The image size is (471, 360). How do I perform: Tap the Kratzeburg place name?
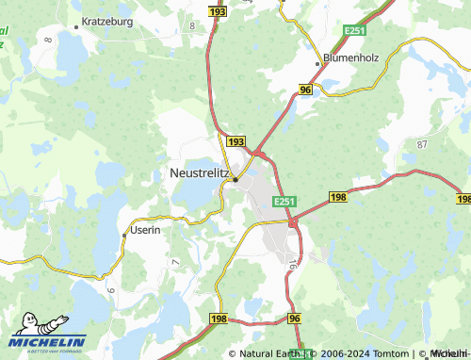coord(108,20)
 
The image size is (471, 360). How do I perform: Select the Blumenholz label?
coord(349,57)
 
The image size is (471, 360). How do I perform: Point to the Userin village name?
coord(146,230)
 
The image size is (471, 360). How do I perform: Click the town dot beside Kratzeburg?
coord(76,20)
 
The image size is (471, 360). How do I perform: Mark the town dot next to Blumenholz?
coord(317,63)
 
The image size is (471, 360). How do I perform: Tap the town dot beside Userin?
coord(124,231)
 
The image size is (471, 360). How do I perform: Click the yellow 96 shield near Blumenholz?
coord(305,89)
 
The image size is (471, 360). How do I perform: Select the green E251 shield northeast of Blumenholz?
coord(354,32)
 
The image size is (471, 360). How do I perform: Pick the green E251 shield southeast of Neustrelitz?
coord(285,203)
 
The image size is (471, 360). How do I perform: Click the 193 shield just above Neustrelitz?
coord(235,141)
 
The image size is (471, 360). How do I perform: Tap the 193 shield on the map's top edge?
coord(218,11)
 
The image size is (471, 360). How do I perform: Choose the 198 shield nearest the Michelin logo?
coord(219,320)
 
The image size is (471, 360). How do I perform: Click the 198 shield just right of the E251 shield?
coord(339,196)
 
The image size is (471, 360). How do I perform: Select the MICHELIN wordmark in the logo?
coord(49,342)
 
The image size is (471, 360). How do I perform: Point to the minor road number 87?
coord(422,144)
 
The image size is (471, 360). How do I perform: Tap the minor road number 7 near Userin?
coord(175,259)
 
